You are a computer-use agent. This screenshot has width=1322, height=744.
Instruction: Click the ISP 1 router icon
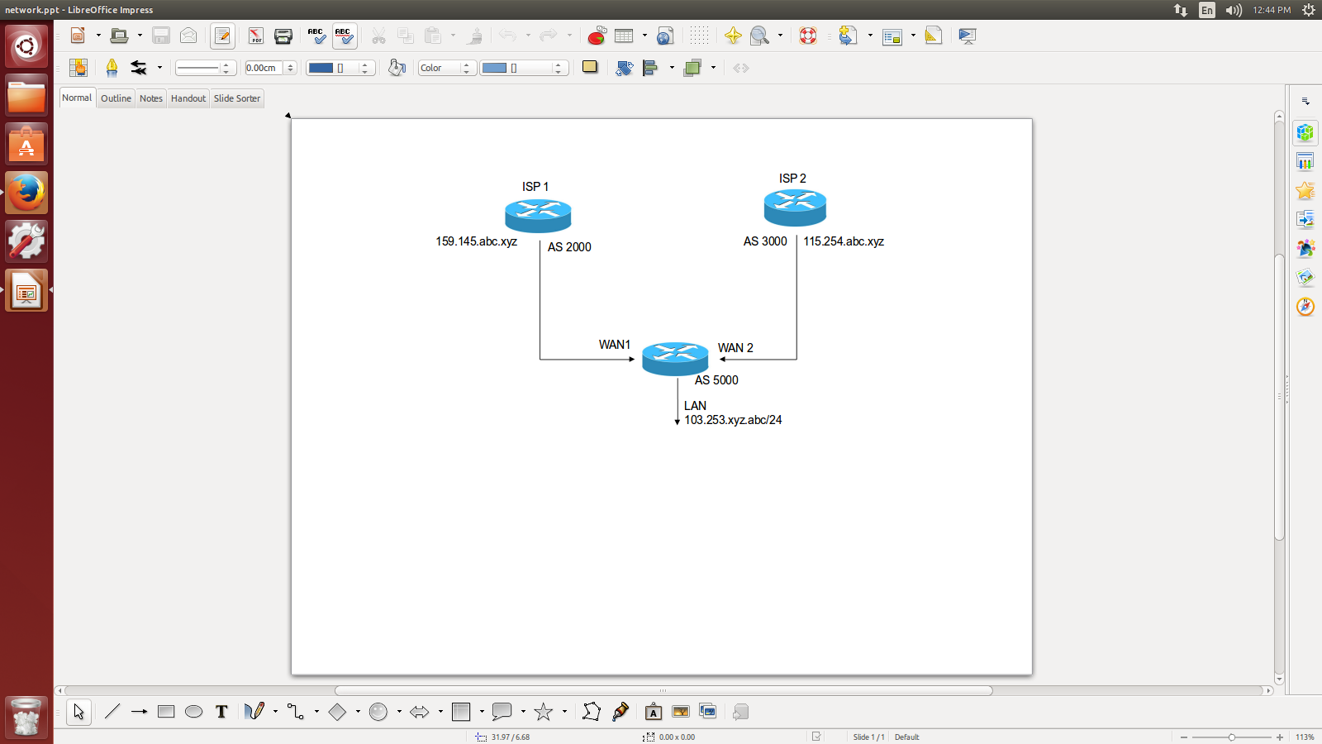[x=538, y=216]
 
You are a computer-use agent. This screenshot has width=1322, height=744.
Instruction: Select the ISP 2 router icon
[x=795, y=207]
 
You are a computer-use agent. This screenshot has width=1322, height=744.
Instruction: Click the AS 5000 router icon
[x=675, y=358]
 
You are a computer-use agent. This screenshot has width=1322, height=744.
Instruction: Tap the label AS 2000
[x=569, y=247]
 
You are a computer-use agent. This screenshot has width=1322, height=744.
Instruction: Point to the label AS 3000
[x=765, y=241]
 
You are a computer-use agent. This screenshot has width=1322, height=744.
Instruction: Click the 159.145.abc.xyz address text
[x=477, y=241]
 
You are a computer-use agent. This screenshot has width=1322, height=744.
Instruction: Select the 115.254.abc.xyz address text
[x=844, y=241]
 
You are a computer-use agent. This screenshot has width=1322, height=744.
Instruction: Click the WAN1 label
[x=615, y=345]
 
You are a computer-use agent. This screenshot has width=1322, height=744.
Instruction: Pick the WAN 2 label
[x=735, y=348]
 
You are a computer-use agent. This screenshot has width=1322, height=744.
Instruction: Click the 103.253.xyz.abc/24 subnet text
[x=733, y=420]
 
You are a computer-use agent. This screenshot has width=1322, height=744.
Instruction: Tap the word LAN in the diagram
[x=695, y=406]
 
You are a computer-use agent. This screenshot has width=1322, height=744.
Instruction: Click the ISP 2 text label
[x=792, y=179]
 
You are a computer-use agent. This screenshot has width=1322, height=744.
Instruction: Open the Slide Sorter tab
[x=237, y=98]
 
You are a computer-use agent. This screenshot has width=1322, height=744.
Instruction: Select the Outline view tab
[x=116, y=98]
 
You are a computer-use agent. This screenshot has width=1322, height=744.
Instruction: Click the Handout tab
[x=188, y=98]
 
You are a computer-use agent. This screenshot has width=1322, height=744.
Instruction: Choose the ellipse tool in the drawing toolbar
[x=194, y=712]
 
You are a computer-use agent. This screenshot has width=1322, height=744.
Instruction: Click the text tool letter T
[x=221, y=712]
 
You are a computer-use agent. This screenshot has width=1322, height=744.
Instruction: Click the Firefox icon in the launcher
[x=26, y=193]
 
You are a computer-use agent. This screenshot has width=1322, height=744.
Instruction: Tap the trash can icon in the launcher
[x=26, y=717]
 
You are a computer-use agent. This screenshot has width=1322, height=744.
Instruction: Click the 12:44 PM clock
[x=1271, y=10]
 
